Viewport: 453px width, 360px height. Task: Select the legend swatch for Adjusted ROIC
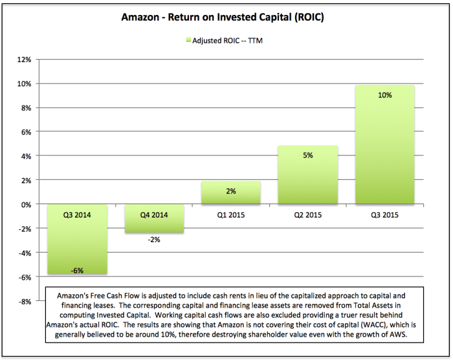point(188,40)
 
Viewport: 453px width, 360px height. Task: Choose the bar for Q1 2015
point(231,192)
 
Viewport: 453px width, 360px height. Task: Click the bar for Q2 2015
point(308,175)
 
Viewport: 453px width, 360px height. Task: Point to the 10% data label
point(385,95)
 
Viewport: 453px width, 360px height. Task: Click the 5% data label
point(308,155)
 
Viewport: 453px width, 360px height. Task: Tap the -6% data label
point(77,271)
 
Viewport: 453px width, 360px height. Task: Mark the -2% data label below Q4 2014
point(153,240)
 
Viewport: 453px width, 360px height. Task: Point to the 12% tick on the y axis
point(24,60)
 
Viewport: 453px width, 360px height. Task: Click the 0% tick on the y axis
point(26,205)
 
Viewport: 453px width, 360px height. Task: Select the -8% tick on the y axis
point(24,302)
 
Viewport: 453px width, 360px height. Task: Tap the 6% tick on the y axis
point(26,132)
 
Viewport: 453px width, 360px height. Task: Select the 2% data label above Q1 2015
point(231,191)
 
